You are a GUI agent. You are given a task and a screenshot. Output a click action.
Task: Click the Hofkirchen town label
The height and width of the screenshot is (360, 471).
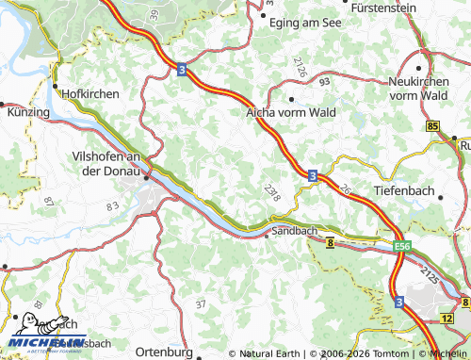[89, 94]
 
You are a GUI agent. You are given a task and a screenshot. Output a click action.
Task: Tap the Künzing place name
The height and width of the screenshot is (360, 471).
[28, 112]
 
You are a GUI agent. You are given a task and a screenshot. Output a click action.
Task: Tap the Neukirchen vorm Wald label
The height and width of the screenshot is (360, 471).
[427, 89]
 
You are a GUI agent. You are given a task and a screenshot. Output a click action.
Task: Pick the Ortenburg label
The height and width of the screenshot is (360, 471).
[165, 352]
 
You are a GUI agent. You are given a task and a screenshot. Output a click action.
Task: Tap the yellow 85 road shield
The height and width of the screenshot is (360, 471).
[431, 126]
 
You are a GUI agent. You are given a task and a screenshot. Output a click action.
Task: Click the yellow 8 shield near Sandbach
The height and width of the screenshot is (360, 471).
[331, 244]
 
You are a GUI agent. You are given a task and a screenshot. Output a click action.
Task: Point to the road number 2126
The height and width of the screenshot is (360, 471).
[300, 67]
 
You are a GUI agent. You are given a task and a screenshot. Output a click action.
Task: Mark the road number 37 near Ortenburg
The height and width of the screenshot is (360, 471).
[200, 304]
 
